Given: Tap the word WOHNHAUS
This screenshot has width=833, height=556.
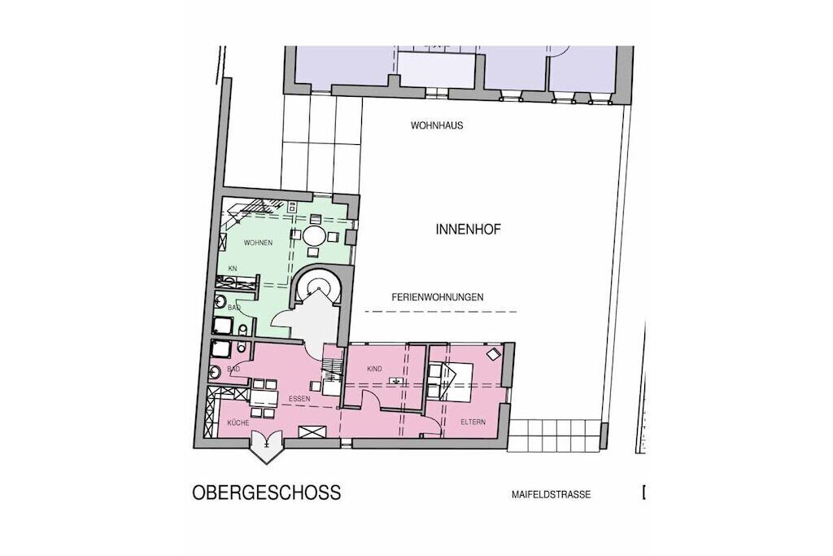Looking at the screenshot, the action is [437, 126].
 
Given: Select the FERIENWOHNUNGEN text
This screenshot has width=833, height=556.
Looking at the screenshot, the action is [438, 297].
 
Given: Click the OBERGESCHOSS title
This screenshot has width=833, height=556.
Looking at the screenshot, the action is [266, 493].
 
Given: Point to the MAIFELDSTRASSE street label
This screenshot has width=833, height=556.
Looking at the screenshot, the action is [551, 495].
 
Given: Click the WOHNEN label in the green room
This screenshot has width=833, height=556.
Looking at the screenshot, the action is [258, 243].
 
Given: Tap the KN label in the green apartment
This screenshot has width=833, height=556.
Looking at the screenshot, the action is [232, 269].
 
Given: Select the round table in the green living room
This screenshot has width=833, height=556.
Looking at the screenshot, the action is [314, 234].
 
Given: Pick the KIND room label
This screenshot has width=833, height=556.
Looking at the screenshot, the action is [374, 369].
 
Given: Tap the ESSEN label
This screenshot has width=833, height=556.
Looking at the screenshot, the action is [299, 398].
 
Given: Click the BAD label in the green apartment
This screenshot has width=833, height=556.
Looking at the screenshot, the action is [234, 308].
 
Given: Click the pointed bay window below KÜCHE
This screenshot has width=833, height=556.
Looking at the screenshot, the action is [267, 447].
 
